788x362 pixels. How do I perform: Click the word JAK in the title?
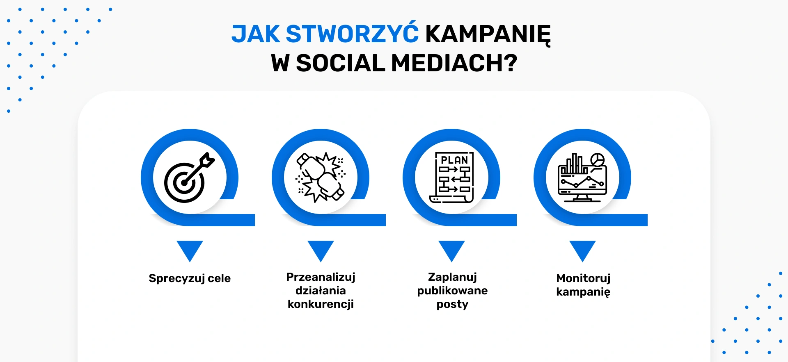pyautogui.click(x=255, y=34)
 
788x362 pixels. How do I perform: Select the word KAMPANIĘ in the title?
pyautogui.click(x=488, y=34)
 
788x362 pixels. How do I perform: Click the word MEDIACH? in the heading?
pyautogui.click(x=454, y=63)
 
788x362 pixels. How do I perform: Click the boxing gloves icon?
pyautogui.click(x=321, y=177)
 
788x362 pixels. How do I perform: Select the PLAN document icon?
pyautogui.click(x=451, y=177)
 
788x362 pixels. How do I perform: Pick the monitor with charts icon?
pyautogui.click(x=582, y=178)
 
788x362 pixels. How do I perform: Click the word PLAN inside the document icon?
pyautogui.click(x=454, y=160)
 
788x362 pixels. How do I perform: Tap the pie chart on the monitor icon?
pyautogui.click(x=597, y=160)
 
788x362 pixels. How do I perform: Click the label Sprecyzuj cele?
pyautogui.click(x=190, y=278)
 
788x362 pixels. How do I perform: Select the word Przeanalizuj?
pyautogui.click(x=321, y=277)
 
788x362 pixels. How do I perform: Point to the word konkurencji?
pyautogui.click(x=321, y=304)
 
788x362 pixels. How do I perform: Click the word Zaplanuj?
pyautogui.click(x=452, y=277)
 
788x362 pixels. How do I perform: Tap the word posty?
pyautogui.click(x=452, y=305)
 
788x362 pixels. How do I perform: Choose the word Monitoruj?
pyautogui.click(x=583, y=278)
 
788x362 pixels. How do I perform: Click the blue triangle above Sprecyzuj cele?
pyautogui.click(x=190, y=251)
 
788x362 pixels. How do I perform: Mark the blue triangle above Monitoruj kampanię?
pyautogui.click(x=582, y=251)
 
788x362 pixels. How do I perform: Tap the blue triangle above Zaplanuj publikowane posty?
pyautogui.click(x=451, y=251)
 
